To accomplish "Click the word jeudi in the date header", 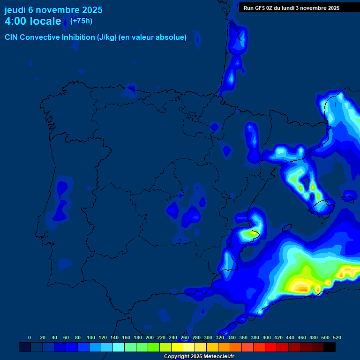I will (15, 10).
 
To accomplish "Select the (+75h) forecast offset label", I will (81, 21).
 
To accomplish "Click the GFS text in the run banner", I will (261, 8).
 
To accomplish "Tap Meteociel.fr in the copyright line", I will (218, 357).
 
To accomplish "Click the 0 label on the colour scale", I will (30, 337).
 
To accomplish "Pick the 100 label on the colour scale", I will (91, 337).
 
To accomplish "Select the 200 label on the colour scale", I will (150, 337).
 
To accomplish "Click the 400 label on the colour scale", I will (267, 337).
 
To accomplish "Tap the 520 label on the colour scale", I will (337, 337).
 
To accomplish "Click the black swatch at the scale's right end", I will (330, 347).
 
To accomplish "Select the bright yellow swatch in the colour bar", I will (177, 347).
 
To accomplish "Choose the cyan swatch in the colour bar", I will (119, 347).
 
